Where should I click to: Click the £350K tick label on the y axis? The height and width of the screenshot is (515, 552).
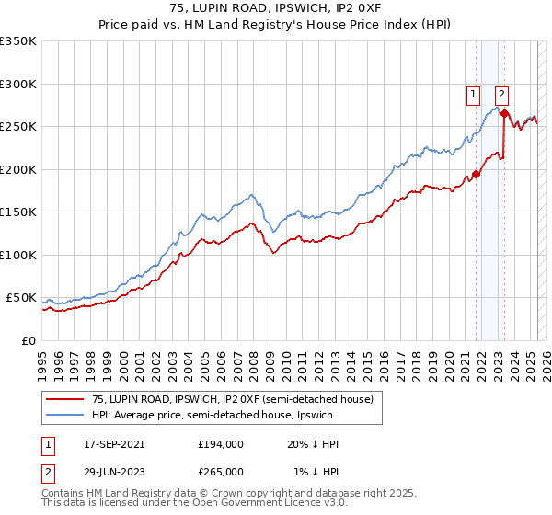[x=18, y=41]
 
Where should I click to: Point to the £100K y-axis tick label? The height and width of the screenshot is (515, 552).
[x=18, y=255]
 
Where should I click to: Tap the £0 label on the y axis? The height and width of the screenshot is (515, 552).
[x=29, y=340]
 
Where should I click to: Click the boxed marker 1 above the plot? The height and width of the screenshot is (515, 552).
[x=473, y=92]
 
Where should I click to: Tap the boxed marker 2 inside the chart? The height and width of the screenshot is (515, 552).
[x=502, y=92]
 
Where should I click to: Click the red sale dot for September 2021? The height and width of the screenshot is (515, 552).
[x=476, y=174]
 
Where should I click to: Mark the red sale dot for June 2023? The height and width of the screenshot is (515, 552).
[x=504, y=113]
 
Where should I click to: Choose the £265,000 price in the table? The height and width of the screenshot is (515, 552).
[x=220, y=471]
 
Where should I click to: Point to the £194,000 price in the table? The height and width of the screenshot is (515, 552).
[x=220, y=444]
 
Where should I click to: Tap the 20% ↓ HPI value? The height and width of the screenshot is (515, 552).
[x=313, y=444]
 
